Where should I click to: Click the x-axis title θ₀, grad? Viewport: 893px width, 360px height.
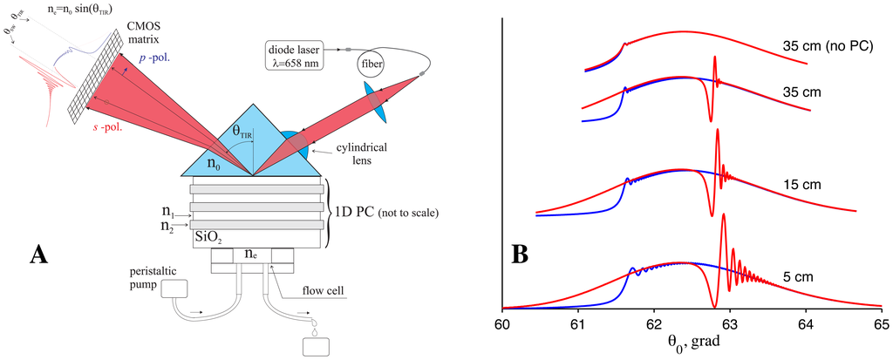[x=692, y=347]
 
